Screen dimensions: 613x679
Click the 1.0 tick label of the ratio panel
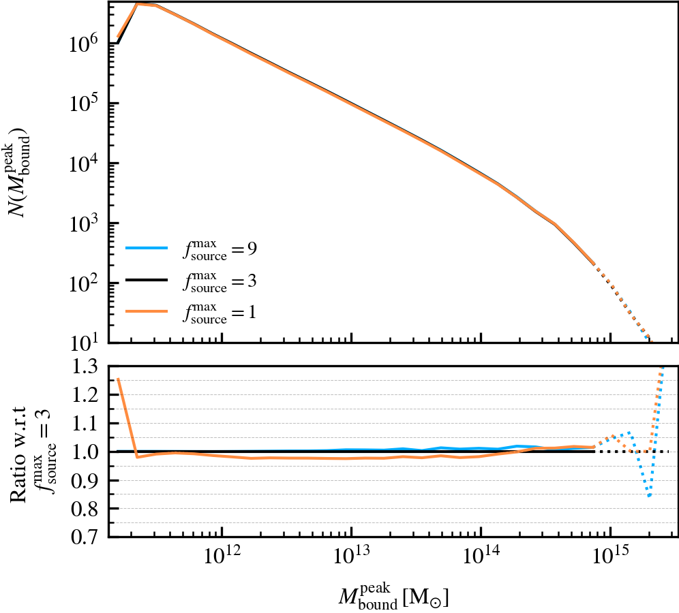point(85,452)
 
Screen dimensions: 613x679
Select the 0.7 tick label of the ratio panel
point(85,537)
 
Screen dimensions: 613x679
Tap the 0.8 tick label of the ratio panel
point(85,509)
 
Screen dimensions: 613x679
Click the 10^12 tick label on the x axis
point(221,561)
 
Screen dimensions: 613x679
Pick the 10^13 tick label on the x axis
point(351,561)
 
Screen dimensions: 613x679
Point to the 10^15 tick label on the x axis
point(611,561)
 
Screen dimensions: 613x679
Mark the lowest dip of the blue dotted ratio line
point(650,497)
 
